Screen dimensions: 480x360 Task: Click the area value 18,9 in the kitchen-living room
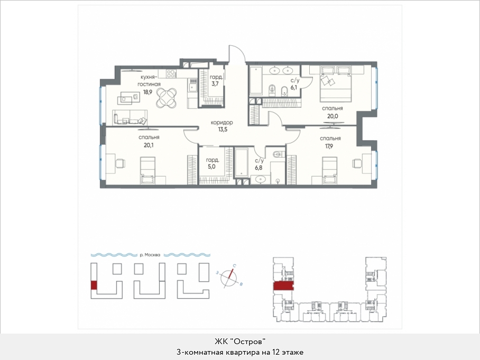click(x=147, y=92)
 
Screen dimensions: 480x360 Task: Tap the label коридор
click(x=221, y=123)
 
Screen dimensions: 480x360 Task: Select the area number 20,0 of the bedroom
click(x=332, y=116)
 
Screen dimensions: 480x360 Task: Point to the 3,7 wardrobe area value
click(x=215, y=84)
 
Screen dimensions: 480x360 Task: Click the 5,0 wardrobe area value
click(x=211, y=167)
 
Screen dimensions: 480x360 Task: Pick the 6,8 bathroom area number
click(x=259, y=168)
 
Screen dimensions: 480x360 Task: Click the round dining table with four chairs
click(x=166, y=98)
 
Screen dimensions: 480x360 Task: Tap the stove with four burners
click(x=171, y=73)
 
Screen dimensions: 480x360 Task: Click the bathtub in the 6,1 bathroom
click(x=256, y=80)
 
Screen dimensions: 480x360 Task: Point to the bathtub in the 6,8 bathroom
click(x=242, y=162)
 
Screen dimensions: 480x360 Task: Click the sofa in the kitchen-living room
click(x=130, y=117)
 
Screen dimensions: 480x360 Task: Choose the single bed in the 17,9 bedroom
click(x=330, y=171)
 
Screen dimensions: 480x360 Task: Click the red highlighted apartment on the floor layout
click(x=283, y=286)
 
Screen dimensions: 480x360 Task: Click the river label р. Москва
click(x=150, y=255)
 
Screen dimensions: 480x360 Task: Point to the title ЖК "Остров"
click(x=239, y=341)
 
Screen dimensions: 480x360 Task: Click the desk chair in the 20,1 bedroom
click(x=120, y=163)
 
